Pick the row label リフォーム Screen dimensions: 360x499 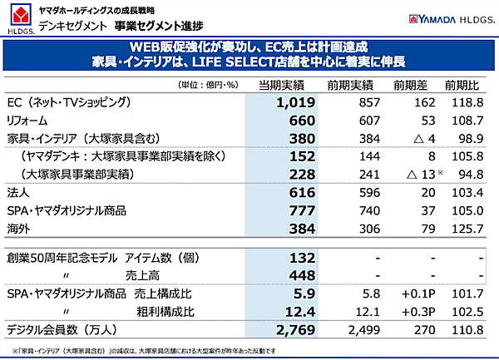28,120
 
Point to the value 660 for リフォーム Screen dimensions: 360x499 299,120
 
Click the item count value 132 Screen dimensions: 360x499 299,257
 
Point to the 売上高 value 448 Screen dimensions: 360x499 299,276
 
